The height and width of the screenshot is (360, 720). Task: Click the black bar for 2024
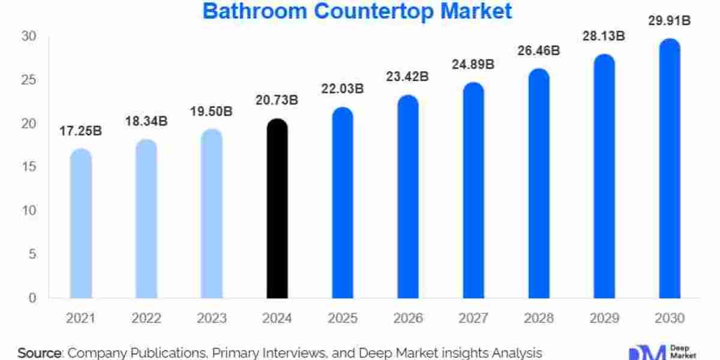(277, 210)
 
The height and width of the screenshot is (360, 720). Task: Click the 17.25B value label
(80, 130)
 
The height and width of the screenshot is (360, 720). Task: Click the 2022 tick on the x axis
(146, 318)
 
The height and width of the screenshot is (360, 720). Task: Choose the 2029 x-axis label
(604, 318)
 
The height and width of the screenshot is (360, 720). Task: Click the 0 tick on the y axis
(33, 298)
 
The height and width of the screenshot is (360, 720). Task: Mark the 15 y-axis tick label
(29, 167)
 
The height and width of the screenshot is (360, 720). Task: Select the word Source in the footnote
(40, 353)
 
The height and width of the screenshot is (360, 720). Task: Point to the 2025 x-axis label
(342, 318)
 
